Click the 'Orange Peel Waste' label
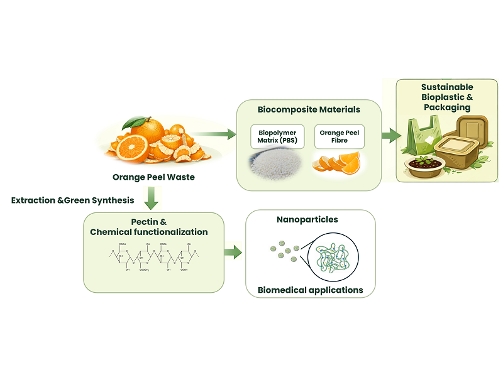click(153, 177)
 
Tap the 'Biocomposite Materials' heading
click(309, 109)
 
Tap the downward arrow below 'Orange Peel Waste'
click(152, 200)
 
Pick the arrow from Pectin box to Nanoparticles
click(233, 253)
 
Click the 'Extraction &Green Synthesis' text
click(72, 200)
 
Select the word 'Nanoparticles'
click(307, 220)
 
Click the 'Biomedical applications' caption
click(310, 290)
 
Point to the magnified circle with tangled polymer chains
click(333, 255)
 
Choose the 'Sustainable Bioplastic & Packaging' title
click(447, 97)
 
